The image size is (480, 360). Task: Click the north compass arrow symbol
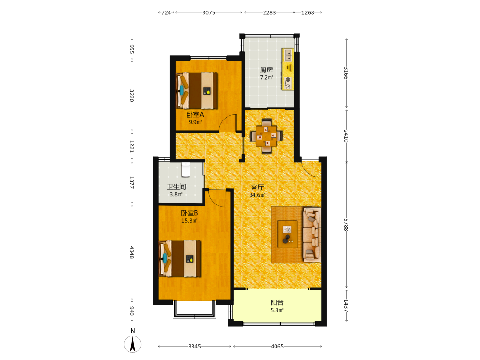132,344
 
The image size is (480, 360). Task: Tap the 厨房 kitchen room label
266,70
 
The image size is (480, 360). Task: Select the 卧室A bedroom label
195,115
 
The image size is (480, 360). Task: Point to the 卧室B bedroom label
190,213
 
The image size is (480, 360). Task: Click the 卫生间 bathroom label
176,187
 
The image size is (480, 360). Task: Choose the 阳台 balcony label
277,302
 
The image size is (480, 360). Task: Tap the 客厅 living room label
257,187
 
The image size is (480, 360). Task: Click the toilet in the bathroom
186,170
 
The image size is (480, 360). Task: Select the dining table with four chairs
266,136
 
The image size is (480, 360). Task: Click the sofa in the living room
312,235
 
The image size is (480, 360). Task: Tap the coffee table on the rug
288,234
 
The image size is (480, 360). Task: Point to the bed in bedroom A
197,91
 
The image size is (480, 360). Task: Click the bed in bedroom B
180,259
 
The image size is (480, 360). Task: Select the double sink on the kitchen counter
288,55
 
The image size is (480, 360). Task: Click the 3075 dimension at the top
209,12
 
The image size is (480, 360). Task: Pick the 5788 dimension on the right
346,225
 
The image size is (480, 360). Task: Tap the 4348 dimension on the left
132,252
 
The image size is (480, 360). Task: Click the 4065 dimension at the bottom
277,346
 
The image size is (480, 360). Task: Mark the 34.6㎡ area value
257,195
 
